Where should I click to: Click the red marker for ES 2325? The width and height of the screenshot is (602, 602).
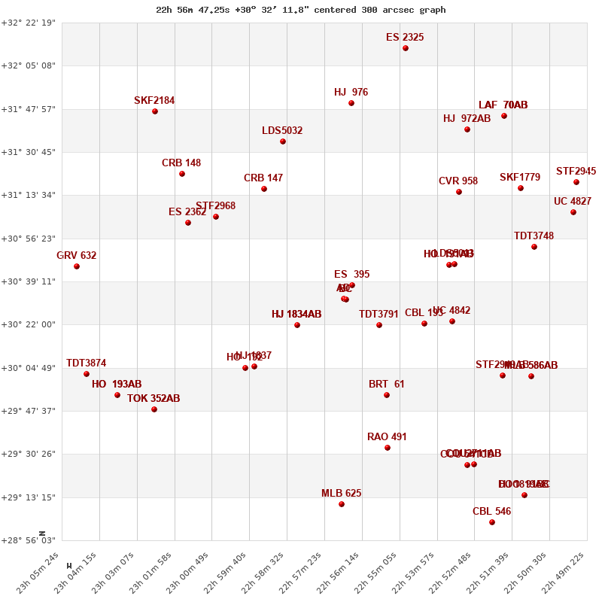pyautogui.click(x=406, y=48)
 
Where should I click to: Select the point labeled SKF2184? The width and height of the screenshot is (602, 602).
pyautogui.click(x=155, y=111)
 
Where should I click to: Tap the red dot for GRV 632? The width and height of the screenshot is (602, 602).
pyautogui.click(x=77, y=266)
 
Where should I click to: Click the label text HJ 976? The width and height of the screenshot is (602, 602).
pyautogui.click(x=351, y=93)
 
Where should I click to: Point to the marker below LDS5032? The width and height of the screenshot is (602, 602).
pyautogui.click(x=283, y=141)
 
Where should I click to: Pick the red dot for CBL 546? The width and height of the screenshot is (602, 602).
pyautogui.click(x=492, y=522)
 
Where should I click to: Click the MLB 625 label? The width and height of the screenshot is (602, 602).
pyautogui.click(x=341, y=494)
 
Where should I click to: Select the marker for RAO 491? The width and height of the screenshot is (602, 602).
pyautogui.click(x=388, y=448)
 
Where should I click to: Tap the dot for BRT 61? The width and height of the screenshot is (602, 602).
pyautogui.click(x=387, y=395)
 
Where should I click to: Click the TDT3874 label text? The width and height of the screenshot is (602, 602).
pyautogui.click(x=86, y=363)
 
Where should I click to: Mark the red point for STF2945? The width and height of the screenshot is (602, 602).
pyautogui.click(x=576, y=182)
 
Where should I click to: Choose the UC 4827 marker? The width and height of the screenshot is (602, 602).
pyautogui.click(x=573, y=212)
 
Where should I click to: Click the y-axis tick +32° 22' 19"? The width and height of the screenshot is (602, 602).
pyautogui.click(x=29, y=23)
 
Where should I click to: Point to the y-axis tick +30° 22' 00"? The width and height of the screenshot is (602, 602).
pyautogui.click(x=29, y=325)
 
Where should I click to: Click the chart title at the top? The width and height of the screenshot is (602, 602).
pyautogui.click(x=301, y=10)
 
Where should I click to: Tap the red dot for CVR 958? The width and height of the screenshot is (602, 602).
pyautogui.click(x=459, y=192)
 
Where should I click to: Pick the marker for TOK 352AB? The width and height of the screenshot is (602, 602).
pyautogui.click(x=154, y=409)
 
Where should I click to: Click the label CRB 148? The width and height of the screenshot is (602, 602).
pyautogui.click(x=181, y=163)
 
